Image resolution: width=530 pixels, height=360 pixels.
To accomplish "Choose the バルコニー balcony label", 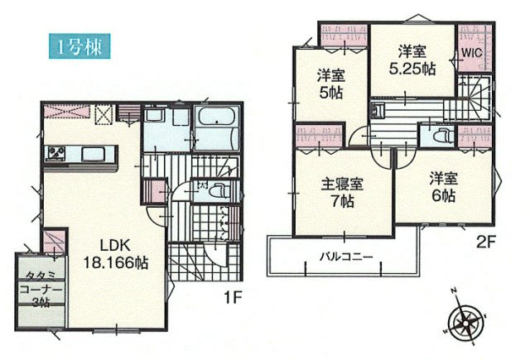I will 345,254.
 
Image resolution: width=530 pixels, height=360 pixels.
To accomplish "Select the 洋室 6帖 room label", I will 443,187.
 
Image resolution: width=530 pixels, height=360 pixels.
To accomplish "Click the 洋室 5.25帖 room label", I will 412,60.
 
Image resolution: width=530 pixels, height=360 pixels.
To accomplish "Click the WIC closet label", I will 472,51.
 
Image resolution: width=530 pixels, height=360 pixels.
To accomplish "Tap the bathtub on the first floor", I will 218,129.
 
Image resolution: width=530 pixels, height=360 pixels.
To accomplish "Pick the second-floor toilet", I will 440,134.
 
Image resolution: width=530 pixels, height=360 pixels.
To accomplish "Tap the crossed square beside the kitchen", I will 105,114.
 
